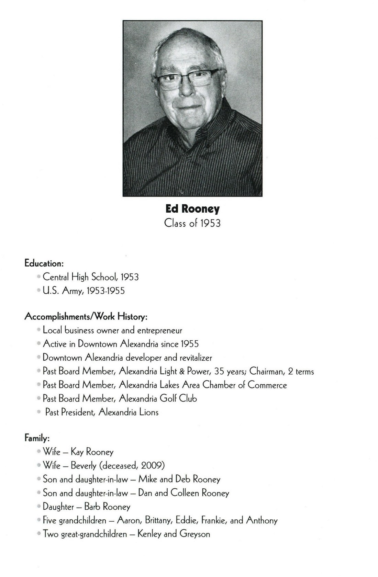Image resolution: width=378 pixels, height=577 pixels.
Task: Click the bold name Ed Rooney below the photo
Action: (192, 209)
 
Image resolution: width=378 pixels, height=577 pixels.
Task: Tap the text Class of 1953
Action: (192, 223)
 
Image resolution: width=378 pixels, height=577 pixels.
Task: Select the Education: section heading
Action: (44, 263)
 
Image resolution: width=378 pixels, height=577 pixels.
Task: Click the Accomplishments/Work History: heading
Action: (86, 316)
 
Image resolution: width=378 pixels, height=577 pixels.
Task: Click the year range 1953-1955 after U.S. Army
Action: (106, 291)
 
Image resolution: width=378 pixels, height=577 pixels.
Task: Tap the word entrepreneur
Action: (160, 330)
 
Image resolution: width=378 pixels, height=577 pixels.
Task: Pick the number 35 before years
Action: (219, 371)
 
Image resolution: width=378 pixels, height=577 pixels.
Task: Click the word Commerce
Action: (267, 385)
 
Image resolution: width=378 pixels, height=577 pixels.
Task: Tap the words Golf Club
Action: (178, 398)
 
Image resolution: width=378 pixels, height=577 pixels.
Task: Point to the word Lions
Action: (149, 412)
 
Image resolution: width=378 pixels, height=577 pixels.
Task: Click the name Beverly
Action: (84, 466)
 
